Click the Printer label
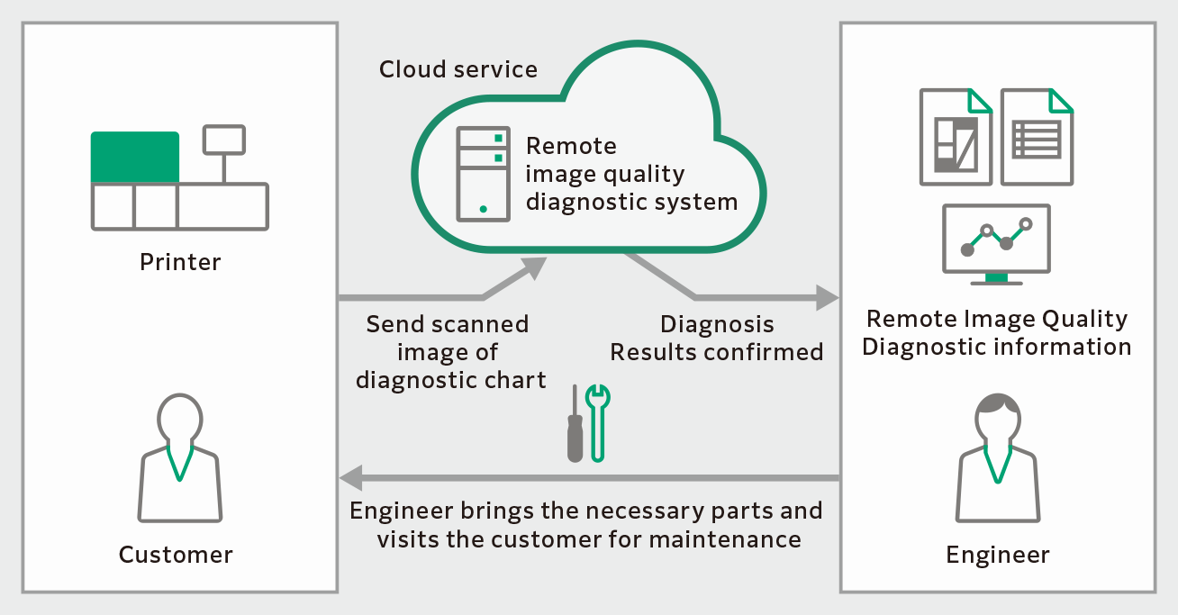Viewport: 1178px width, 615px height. pos(180,262)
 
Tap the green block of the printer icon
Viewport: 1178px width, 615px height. pos(135,158)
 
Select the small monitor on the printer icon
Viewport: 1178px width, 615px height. pos(224,139)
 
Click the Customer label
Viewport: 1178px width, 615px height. pos(176,555)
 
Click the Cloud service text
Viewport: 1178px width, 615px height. pos(458,69)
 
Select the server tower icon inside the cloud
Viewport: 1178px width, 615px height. pos(483,174)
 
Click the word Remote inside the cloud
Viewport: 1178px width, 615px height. pos(571,146)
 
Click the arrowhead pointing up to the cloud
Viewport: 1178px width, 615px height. pos(536,267)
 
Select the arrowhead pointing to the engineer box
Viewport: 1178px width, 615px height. pos(828,297)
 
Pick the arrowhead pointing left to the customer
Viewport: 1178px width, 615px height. pos(349,477)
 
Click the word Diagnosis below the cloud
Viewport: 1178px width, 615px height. pos(717,324)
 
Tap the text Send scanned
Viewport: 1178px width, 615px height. pos(448,324)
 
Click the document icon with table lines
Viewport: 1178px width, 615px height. pos(1037,137)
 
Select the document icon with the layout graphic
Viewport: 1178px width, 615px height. pos(956,137)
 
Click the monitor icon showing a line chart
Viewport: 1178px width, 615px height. pos(995,241)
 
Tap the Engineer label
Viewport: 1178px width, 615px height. pos(997,555)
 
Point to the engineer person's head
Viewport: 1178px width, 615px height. pos(997,415)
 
